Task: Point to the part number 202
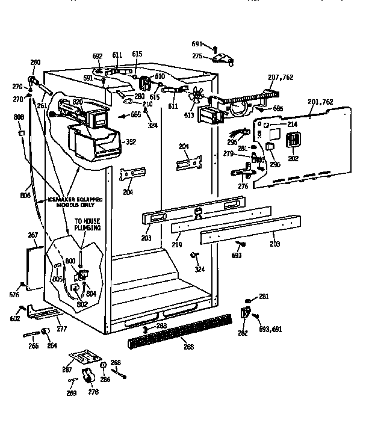click(294, 159)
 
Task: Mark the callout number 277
click(61, 329)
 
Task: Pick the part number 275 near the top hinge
click(197, 55)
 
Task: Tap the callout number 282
click(242, 332)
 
